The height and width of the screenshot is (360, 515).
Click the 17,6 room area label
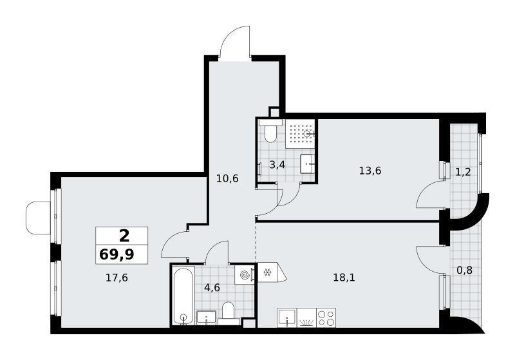[117, 278]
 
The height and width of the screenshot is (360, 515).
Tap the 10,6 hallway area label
[227, 178]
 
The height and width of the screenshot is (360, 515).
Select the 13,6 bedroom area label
[370, 171]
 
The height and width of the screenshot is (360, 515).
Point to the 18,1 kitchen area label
[344, 278]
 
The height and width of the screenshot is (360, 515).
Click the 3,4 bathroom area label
[277, 165]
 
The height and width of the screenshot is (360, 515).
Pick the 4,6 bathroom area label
[212, 288]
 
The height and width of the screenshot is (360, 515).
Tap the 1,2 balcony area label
[464, 172]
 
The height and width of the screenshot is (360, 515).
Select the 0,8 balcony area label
[465, 270]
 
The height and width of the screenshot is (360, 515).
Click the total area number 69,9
[117, 254]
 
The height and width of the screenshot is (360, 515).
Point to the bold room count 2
[124, 236]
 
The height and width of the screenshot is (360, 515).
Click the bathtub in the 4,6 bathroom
[183, 297]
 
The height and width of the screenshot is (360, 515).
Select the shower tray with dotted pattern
[300, 134]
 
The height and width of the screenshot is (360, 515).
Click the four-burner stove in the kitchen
[326, 317]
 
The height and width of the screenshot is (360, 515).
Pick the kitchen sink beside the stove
[287, 317]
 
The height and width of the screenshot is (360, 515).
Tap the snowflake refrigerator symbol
[267, 272]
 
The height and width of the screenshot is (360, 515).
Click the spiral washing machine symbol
[245, 275]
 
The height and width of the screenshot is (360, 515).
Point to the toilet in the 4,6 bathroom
[229, 314]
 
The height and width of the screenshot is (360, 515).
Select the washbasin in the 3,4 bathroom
[308, 164]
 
